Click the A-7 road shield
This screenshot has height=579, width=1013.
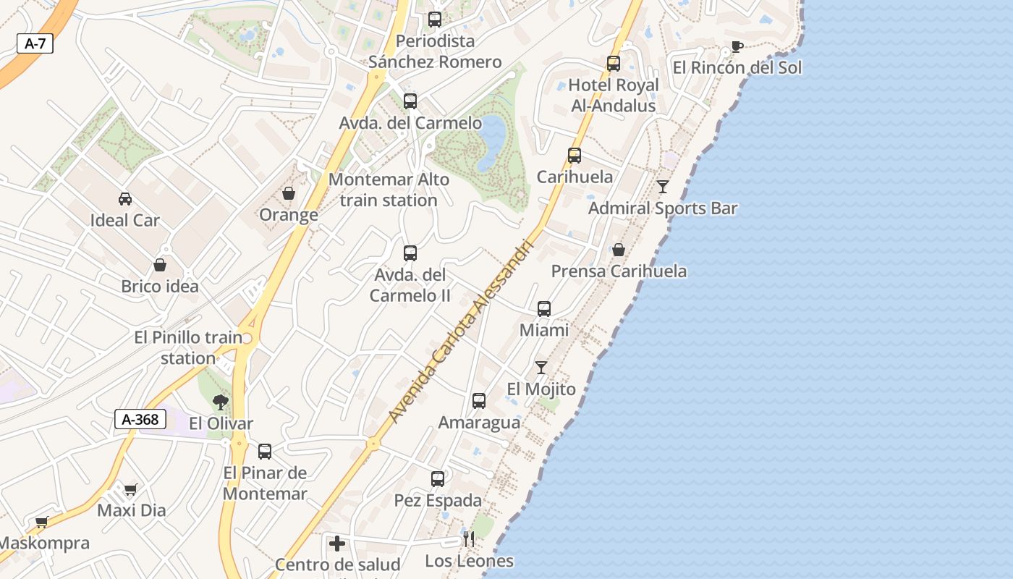tap(35, 43)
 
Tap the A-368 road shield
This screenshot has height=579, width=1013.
tap(140, 419)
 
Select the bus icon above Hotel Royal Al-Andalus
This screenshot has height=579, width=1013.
tap(614, 64)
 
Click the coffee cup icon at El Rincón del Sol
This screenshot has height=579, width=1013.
tap(737, 47)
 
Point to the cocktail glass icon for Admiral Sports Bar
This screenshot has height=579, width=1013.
tap(663, 187)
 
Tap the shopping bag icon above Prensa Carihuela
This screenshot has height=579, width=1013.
tap(619, 250)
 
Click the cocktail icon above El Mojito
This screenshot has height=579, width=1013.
tap(541, 368)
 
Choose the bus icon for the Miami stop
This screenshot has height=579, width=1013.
tap(544, 309)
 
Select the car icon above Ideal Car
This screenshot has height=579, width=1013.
tap(125, 199)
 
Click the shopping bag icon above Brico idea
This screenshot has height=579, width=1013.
tap(160, 265)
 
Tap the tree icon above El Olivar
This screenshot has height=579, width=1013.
tap(221, 402)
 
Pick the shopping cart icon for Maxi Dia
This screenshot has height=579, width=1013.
tap(131, 489)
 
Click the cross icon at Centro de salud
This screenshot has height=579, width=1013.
tap(337, 544)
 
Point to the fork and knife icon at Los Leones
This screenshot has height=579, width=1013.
tap(469, 539)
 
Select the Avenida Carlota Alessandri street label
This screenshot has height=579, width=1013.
tap(461, 331)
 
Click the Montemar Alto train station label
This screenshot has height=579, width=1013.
tap(389, 190)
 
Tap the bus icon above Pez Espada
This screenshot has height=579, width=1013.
tap(438, 479)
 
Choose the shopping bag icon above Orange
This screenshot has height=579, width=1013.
tap(289, 194)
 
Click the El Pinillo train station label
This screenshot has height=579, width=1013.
tap(188, 347)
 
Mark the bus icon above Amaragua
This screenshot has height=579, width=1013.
tap(479, 401)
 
